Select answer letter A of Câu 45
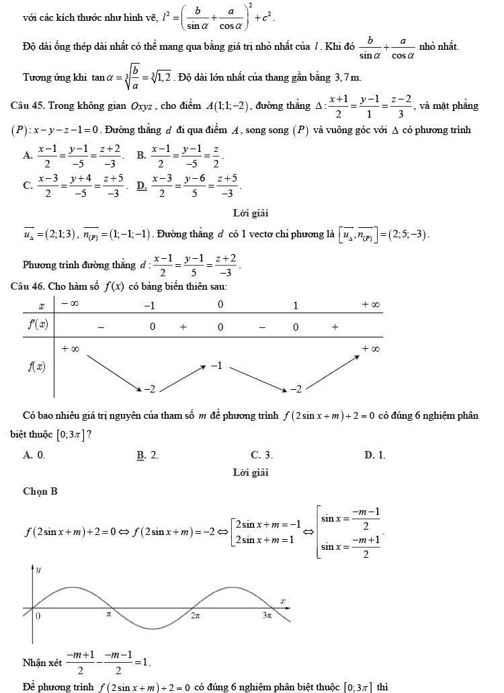click(x=28, y=155)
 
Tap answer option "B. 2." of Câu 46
click(x=149, y=455)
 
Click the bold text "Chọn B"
click(x=40, y=491)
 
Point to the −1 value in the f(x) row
click(x=216, y=366)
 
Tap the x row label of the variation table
click(x=41, y=305)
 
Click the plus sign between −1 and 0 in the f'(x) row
click(x=183, y=327)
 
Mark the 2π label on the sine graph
click(x=195, y=615)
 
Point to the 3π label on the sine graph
click(x=267, y=615)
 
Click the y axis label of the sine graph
click(x=38, y=569)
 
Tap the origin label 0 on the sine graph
click(x=38, y=615)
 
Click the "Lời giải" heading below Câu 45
click(x=251, y=214)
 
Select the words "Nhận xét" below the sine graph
click(x=41, y=662)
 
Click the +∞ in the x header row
click(x=370, y=304)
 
